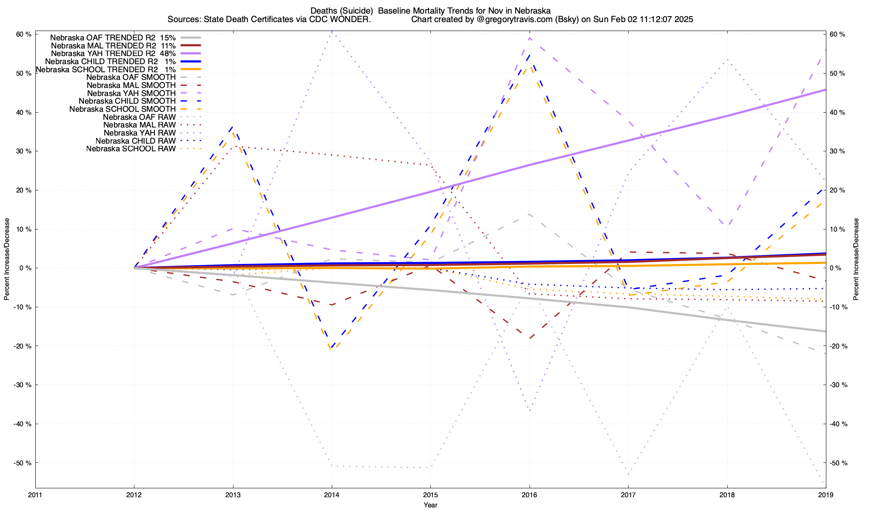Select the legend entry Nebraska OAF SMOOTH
131,77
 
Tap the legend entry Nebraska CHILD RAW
136,141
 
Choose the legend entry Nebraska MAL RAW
139,125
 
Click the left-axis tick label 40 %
24,113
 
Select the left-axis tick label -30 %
23,385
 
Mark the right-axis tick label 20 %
838,190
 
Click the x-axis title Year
430,505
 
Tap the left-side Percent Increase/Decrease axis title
7,259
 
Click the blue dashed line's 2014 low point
332,347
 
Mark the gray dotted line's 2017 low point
628,474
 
